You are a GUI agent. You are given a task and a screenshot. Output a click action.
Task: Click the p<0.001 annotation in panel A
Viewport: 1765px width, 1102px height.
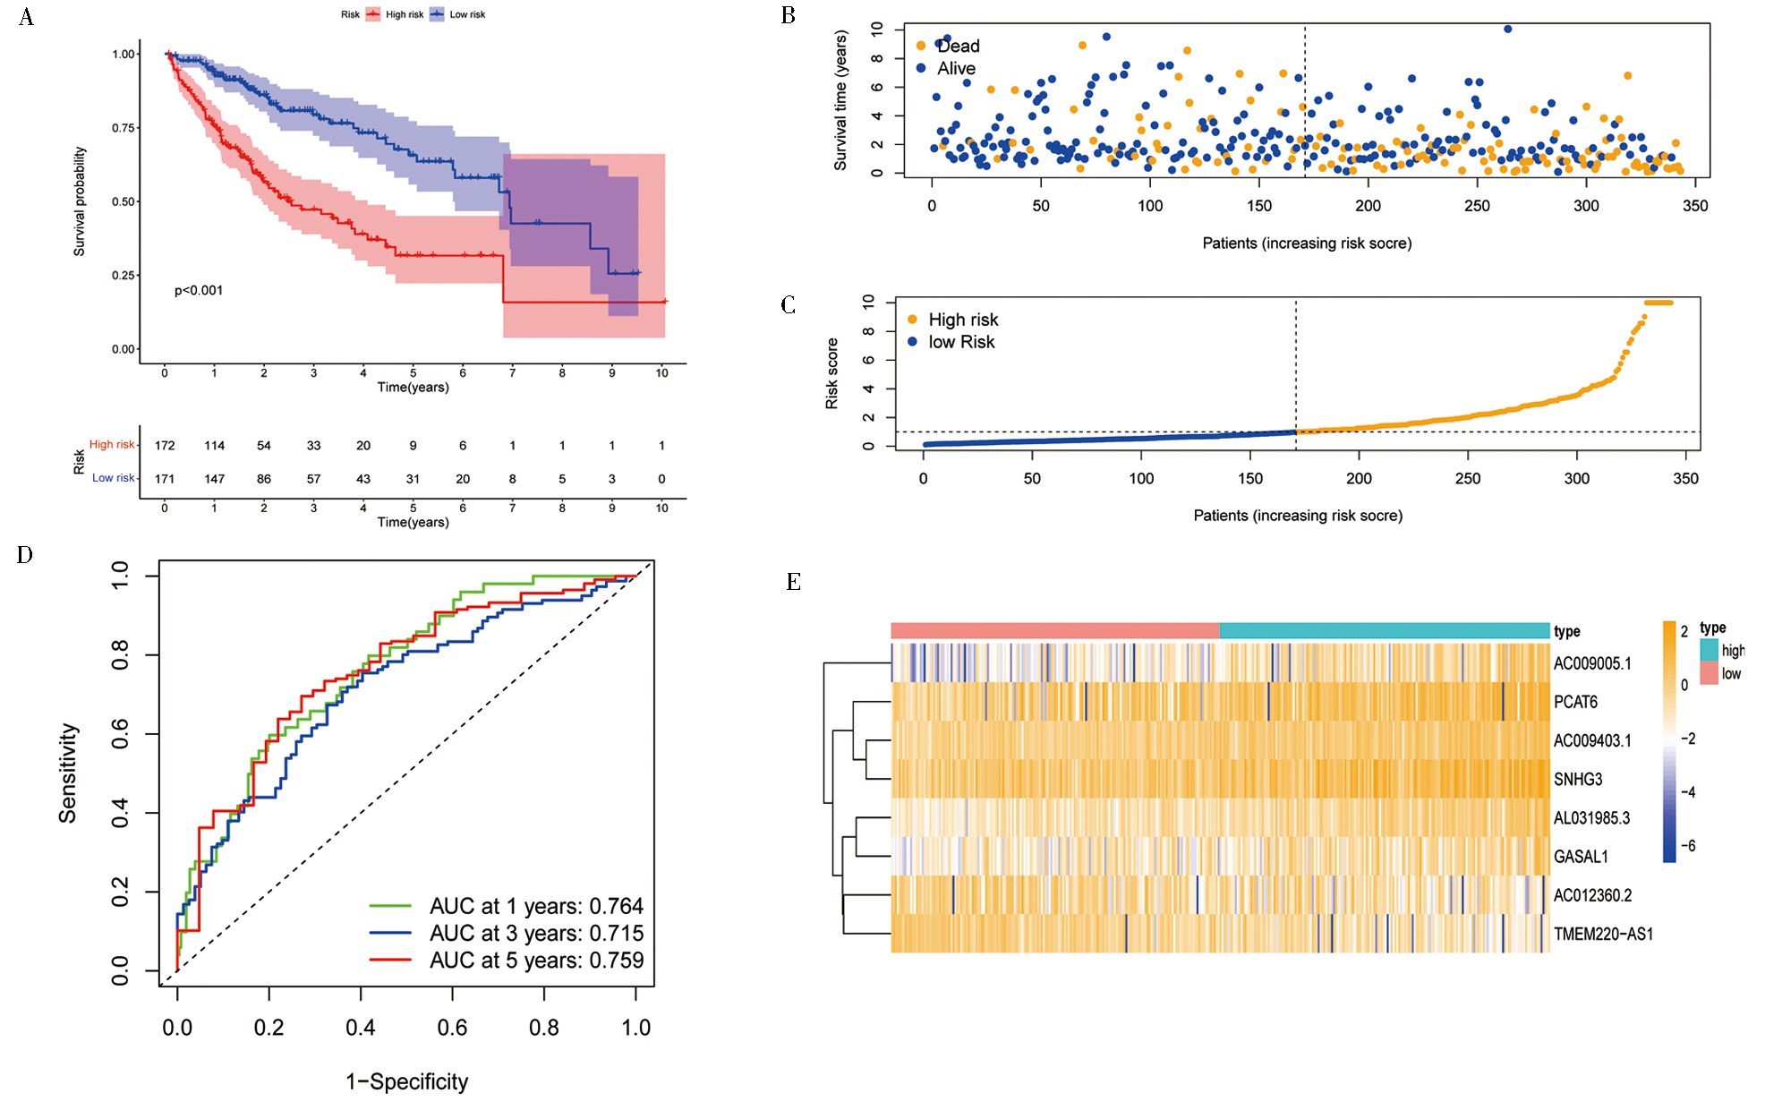pyautogui.click(x=199, y=291)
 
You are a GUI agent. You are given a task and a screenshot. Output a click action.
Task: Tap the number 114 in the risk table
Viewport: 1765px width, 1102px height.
pyautogui.click(x=214, y=446)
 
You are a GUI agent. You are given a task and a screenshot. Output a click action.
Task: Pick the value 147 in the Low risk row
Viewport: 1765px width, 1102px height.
pyautogui.click(x=214, y=479)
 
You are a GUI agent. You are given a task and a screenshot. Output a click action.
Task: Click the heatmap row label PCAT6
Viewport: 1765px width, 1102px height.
pyautogui.click(x=1575, y=703)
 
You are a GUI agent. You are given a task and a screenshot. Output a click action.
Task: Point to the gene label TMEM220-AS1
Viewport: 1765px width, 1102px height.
pyautogui.click(x=1603, y=935)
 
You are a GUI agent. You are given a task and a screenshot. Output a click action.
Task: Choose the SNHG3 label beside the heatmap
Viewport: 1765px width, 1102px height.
pyautogui.click(x=1578, y=780)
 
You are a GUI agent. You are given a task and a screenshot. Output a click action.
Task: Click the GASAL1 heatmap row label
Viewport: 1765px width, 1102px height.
pyautogui.click(x=1581, y=858)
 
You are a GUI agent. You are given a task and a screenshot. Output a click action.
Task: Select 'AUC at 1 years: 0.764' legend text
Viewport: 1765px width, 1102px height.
pyautogui.click(x=536, y=906)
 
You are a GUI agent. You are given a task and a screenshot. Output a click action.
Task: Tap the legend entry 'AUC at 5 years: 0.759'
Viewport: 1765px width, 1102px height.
pyautogui.click(x=536, y=961)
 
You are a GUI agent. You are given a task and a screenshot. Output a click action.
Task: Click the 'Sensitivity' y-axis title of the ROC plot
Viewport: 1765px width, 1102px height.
pyautogui.click(x=68, y=773)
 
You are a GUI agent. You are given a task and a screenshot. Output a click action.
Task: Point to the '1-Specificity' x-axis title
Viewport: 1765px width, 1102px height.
pyautogui.click(x=407, y=1081)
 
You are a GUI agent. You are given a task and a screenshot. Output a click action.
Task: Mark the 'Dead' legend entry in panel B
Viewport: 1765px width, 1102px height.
pyautogui.click(x=958, y=47)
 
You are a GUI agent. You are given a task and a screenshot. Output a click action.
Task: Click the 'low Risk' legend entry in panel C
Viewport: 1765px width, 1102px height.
pyautogui.click(x=961, y=342)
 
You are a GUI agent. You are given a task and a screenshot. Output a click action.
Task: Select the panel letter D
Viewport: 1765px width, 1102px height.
pyautogui.click(x=25, y=555)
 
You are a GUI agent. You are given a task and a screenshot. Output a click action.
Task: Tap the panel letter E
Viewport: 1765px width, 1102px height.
pyautogui.click(x=793, y=583)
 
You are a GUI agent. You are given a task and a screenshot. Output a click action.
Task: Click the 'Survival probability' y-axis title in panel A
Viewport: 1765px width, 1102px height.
pyautogui.click(x=80, y=202)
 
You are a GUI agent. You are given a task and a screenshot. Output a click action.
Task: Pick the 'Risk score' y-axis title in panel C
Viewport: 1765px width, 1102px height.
pyautogui.click(x=832, y=374)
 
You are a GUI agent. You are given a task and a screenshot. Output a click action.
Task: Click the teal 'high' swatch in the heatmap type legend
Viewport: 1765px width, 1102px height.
pyautogui.click(x=1709, y=651)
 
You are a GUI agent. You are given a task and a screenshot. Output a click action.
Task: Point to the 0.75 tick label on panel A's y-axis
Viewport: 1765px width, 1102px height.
pyautogui.click(x=124, y=128)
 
